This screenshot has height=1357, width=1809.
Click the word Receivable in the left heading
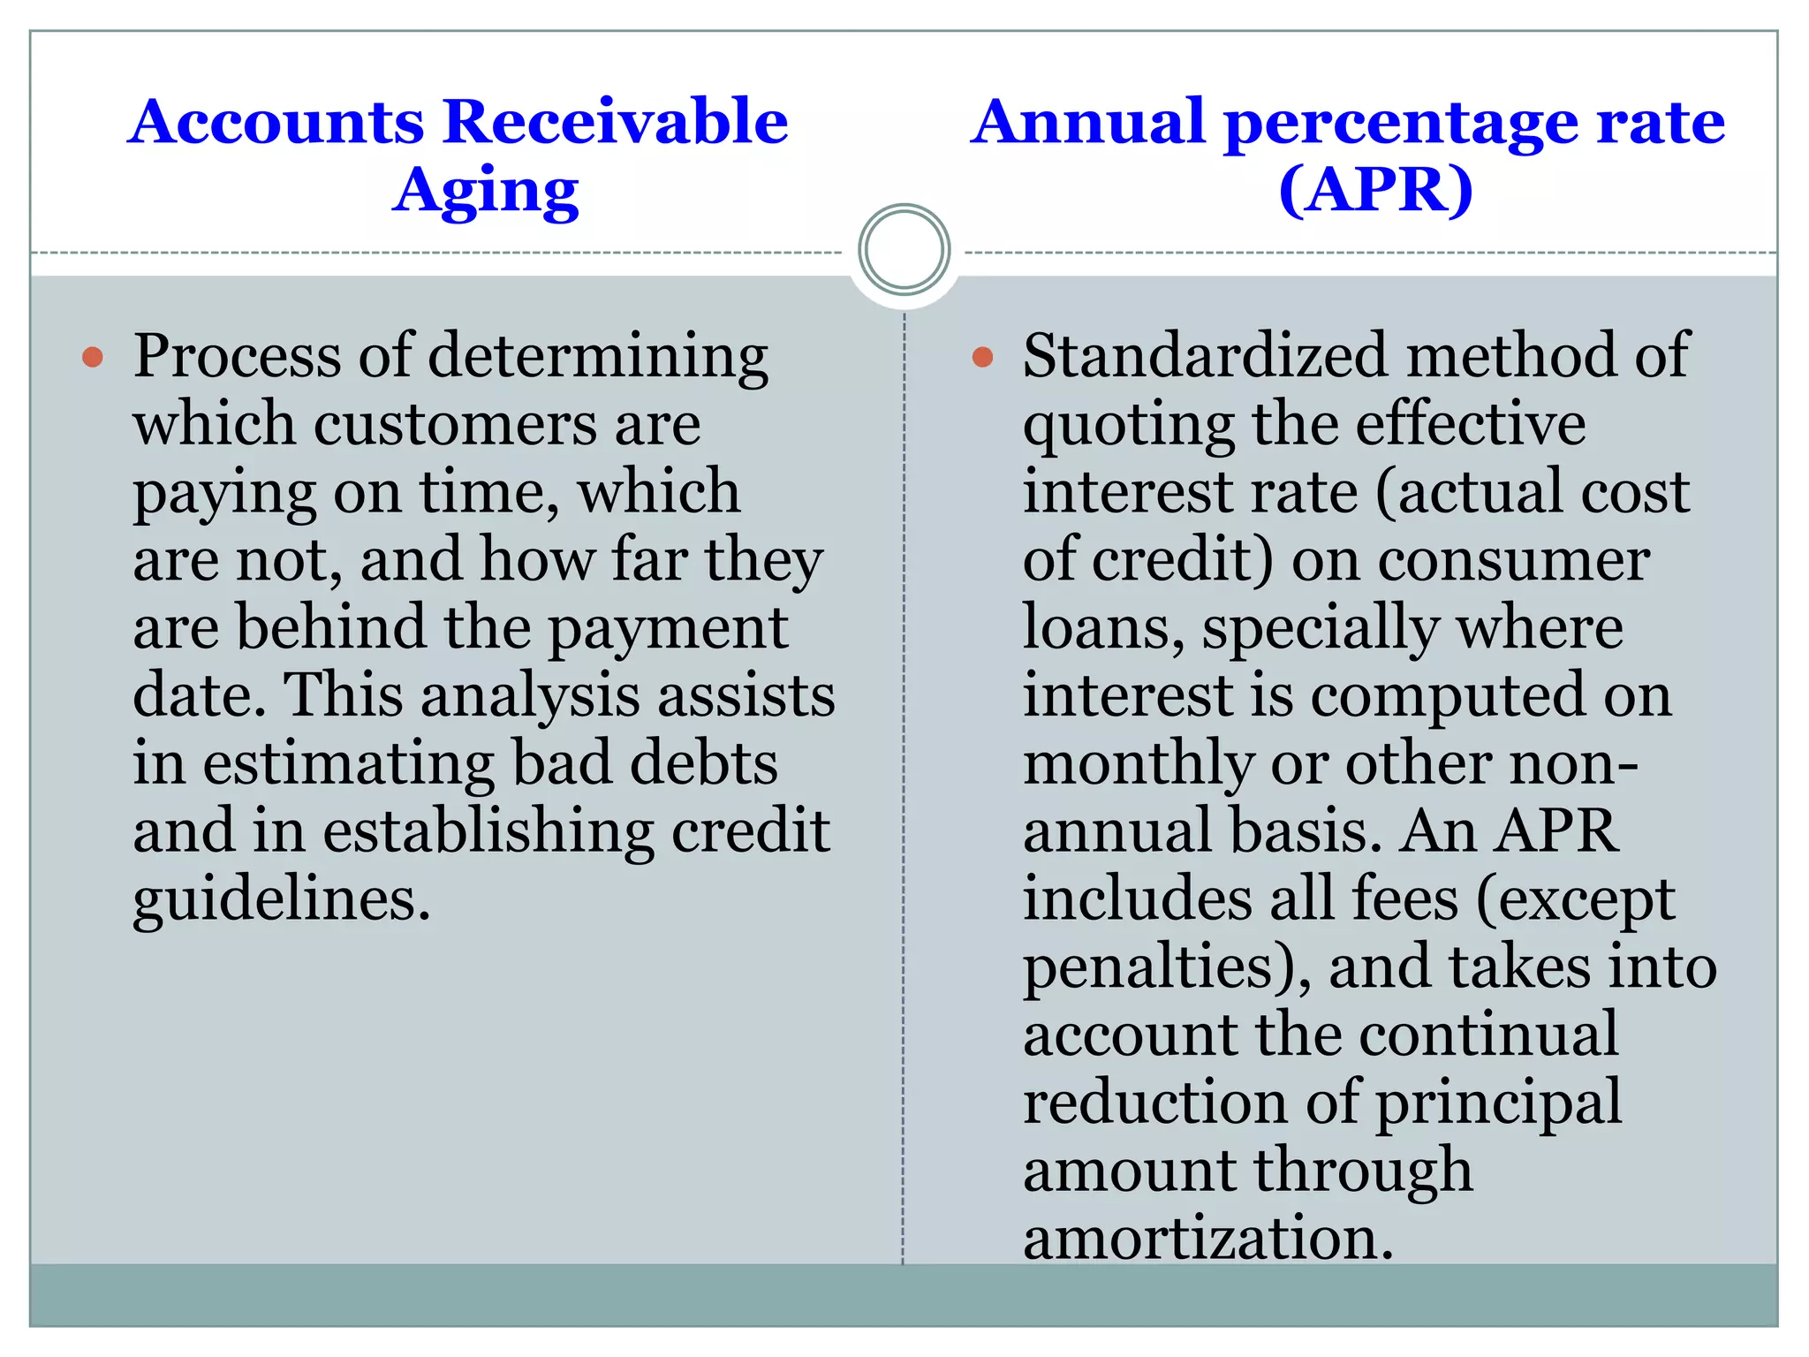[615, 121]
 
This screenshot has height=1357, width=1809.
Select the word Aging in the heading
[485, 192]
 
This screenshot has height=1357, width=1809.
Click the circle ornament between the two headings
[904, 249]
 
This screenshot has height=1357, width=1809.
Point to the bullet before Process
[93, 357]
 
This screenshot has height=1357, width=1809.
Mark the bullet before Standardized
[982, 357]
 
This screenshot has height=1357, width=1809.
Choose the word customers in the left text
[455, 424]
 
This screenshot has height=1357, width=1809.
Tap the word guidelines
[282, 901]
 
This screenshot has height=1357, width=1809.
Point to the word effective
[1471, 424]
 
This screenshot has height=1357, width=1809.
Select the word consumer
[1513, 560]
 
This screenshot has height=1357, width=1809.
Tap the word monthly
[1138, 765]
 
